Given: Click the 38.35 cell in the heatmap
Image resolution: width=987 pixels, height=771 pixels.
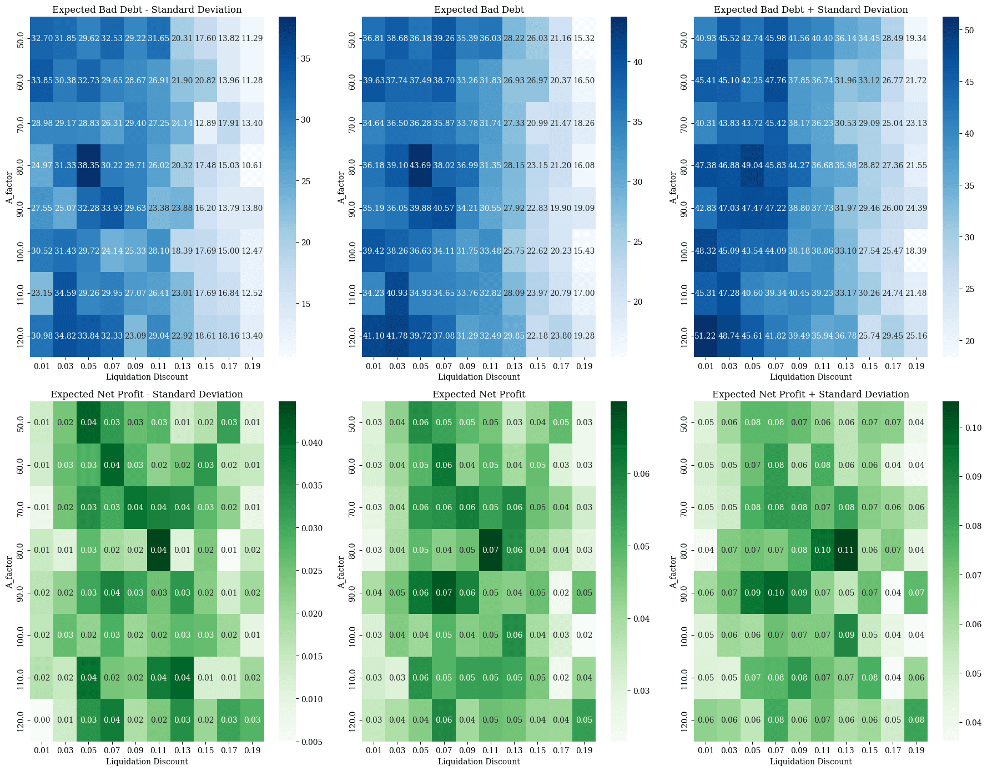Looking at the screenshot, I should (x=89, y=165).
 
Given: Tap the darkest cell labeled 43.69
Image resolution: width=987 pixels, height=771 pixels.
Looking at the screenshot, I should (x=421, y=165).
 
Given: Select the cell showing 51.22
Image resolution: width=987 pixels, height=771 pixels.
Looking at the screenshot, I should (x=706, y=336).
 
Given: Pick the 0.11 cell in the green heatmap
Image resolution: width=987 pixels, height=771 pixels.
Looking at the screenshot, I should (x=846, y=550).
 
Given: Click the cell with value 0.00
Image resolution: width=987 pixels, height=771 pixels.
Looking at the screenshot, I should (x=42, y=720).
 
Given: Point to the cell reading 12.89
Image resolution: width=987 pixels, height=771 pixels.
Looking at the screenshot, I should (x=205, y=123).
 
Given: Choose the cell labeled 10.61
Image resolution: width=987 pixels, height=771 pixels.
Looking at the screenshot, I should (x=252, y=165).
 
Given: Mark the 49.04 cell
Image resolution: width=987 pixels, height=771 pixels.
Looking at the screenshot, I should (x=753, y=165).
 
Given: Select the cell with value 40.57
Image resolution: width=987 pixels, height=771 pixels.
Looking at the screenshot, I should (x=444, y=208).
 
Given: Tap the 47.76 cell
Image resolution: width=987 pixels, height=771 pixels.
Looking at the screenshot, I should (x=776, y=80).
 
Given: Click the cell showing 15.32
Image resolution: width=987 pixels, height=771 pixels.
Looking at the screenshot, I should (x=584, y=38).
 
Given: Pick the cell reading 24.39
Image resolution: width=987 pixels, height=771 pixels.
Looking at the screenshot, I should (x=916, y=208).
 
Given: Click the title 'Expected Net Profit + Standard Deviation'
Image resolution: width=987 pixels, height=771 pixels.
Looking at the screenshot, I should (x=810, y=395).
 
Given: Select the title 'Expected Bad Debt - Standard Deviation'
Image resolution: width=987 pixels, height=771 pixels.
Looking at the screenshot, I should (x=147, y=10).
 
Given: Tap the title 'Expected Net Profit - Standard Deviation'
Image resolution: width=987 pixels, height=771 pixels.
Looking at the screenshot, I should (x=147, y=395).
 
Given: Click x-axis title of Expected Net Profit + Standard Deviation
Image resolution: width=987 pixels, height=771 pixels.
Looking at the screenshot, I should (x=810, y=762).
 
